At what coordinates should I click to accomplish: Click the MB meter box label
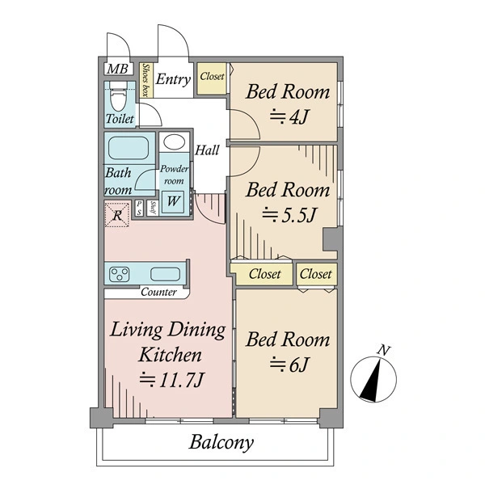pyautogui.click(x=117, y=69)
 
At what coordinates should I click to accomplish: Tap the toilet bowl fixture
pyautogui.click(x=119, y=95)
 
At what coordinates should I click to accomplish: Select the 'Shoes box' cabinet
pyautogui.click(x=145, y=80)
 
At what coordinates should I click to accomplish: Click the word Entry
pyautogui.click(x=173, y=79)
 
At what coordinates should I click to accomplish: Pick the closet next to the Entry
pyautogui.click(x=212, y=78)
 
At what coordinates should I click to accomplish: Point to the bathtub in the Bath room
pyautogui.click(x=129, y=148)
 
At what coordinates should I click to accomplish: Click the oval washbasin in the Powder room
pyautogui.click(x=174, y=142)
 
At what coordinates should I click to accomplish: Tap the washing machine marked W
pyautogui.click(x=173, y=201)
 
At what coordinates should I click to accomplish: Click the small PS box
pyautogui.click(x=139, y=208)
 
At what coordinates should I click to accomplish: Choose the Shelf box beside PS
pyautogui.click(x=153, y=208)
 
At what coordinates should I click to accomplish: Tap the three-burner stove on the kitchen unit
pyautogui.click(x=120, y=274)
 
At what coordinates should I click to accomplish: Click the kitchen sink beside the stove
pyautogui.click(x=165, y=274)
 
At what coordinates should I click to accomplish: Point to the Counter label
pyautogui.click(x=158, y=292)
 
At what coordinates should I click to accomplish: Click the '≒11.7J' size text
pyautogui.click(x=171, y=380)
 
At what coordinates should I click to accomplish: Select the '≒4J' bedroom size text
pyautogui.click(x=289, y=117)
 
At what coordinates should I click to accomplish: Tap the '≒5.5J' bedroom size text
pyautogui.click(x=289, y=215)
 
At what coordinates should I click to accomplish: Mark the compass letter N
pyautogui.click(x=384, y=351)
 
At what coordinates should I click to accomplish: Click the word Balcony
pyautogui.click(x=221, y=442)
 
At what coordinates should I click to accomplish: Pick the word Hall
pyautogui.click(x=207, y=150)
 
